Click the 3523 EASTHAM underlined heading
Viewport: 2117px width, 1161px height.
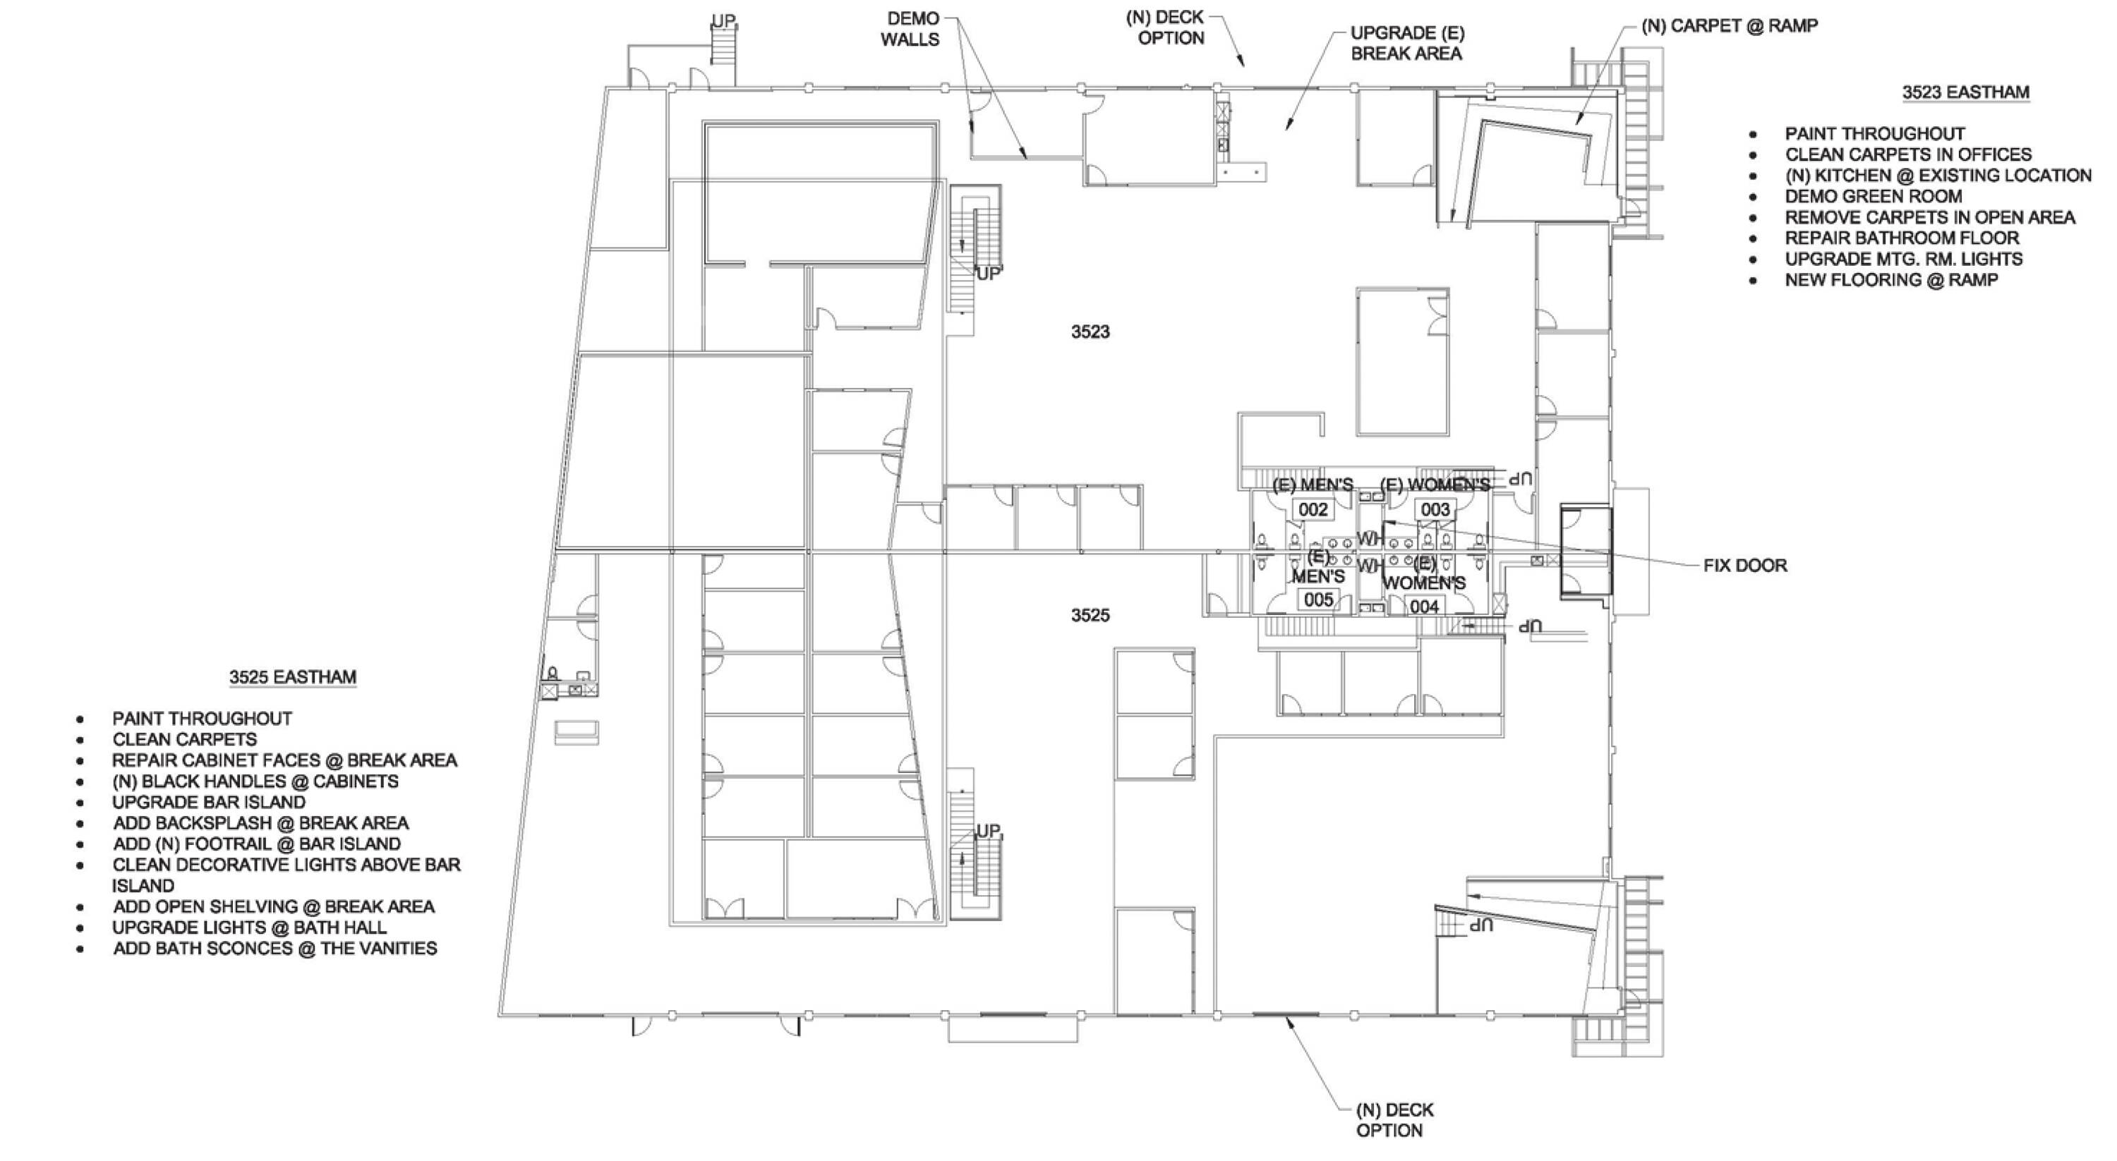[x=1965, y=92]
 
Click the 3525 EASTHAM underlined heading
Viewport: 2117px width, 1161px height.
[x=293, y=677]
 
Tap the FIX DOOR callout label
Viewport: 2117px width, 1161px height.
[x=1744, y=565]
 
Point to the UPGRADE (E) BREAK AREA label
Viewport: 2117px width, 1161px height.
[x=1406, y=44]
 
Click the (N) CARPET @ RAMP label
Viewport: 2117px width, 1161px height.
[x=1729, y=25]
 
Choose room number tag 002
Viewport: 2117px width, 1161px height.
[x=1313, y=509]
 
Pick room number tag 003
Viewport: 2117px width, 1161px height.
[x=1435, y=509]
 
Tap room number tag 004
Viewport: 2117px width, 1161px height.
[x=1423, y=607]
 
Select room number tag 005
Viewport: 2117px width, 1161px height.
[x=1318, y=600]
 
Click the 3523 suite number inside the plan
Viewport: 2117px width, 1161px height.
[x=1090, y=331]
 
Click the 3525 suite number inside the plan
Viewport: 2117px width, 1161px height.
[x=1090, y=614]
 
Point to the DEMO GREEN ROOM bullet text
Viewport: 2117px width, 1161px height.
[x=1873, y=196]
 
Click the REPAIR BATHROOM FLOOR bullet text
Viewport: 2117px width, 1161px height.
[x=1902, y=238]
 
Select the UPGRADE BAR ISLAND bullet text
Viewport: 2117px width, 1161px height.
[x=209, y=802]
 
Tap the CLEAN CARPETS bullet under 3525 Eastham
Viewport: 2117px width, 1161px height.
[x=184, y=739]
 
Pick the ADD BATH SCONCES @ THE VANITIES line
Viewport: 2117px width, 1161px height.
[x=275, y=948]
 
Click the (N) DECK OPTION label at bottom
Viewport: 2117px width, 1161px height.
[x=1394, y=1120]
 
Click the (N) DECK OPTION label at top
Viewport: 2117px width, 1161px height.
[x=1164, y=27]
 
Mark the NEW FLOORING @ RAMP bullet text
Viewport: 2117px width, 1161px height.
[x=1891, y=279]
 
